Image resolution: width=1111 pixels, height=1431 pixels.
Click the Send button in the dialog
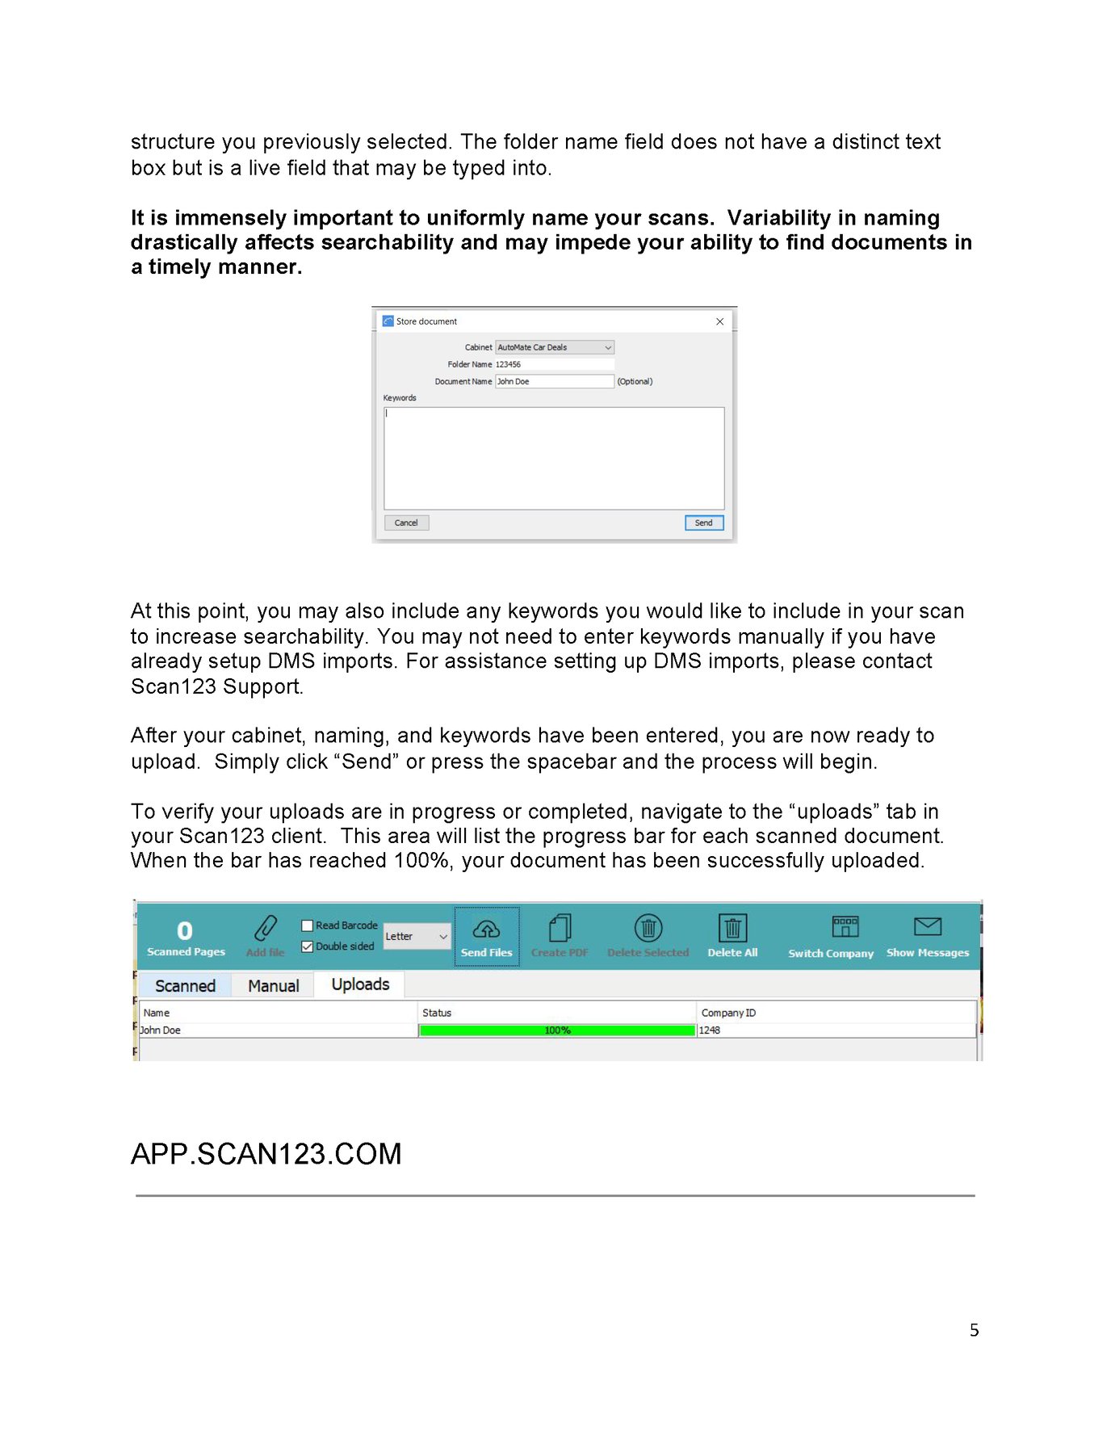point(703,522)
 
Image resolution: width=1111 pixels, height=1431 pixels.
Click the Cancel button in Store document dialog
point(406,522)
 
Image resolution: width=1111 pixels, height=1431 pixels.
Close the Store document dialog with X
point(719,321)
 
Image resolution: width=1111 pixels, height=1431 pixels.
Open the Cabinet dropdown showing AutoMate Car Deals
point(555,347)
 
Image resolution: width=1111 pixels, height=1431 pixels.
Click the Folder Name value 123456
point(509,364)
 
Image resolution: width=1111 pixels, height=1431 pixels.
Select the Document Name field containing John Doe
point(554,381)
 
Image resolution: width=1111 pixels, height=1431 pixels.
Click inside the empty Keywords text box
point(554,458)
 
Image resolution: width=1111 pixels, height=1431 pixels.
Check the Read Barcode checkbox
point(308,925)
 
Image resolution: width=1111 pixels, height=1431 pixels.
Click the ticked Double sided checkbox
point(308,946)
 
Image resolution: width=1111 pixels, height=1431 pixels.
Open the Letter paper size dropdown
point(417,936)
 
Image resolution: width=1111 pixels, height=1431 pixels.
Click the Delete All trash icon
point(732,929)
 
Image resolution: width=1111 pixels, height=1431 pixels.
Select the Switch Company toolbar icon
point(845,927)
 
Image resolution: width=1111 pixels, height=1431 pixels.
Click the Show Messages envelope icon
point(927,927)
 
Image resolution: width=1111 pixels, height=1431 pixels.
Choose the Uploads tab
point(360,984)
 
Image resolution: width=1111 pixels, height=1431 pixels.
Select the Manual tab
point(273,986)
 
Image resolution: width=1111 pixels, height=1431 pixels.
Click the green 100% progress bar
point(557,1030)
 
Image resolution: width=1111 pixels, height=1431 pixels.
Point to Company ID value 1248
point(710,1030)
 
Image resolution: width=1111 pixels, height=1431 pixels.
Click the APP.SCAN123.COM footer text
point(266,1154)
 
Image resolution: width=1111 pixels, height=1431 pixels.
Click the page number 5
point(974,1330)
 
